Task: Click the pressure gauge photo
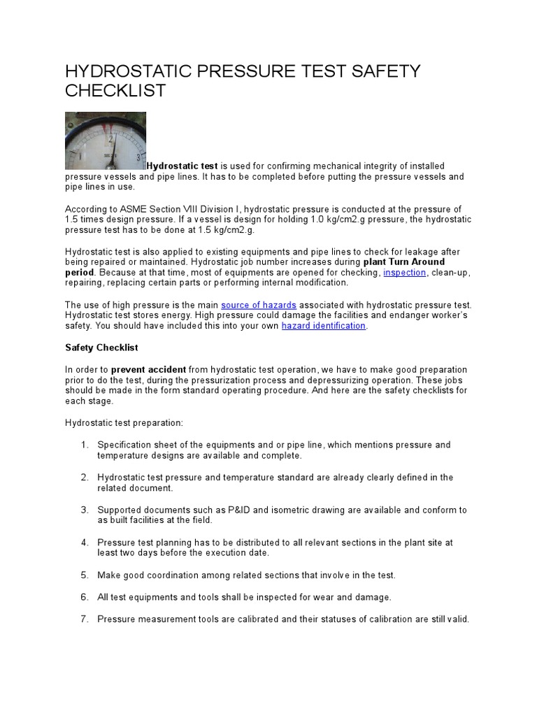click(106, 141)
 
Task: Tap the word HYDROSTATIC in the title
click(129, 71)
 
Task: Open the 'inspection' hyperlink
click(404, 273)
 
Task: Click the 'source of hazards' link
click(259, 305)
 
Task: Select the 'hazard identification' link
click(323, 326)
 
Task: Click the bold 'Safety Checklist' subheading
click(101, 348)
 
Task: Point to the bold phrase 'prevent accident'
click(148, 369)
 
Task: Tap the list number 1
click(84, 445)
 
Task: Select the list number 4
click(84, 543)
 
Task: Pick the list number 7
click(84, 619)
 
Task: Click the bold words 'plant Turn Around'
click(404, 262)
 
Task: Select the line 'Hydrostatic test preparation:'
click(124, 423)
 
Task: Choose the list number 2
click(84, 478)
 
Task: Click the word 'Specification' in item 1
click(124, 445)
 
